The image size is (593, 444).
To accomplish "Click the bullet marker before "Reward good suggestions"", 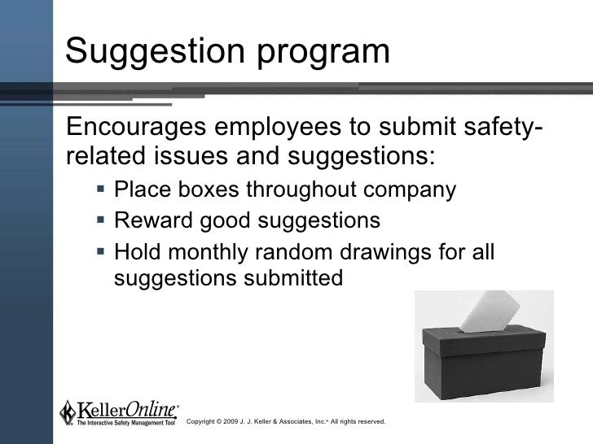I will pos(100,220).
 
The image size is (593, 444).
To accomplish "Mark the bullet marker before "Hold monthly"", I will pos(100,250).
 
